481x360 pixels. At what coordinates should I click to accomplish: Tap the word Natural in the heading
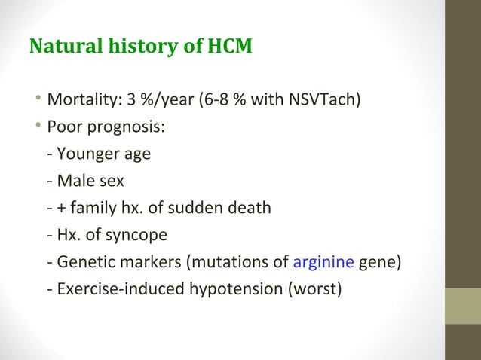click(x=62, y=47)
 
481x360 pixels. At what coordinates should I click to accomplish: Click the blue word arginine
click(x=323, y=263)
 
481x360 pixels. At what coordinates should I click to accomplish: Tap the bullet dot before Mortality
click(x=37, y=100)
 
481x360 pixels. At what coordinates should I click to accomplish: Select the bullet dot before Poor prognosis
click(x=37, y=127)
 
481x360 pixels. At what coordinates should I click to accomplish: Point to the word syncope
click(x=136, y=236)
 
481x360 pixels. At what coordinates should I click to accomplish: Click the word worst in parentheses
click(x=317, y=290)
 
